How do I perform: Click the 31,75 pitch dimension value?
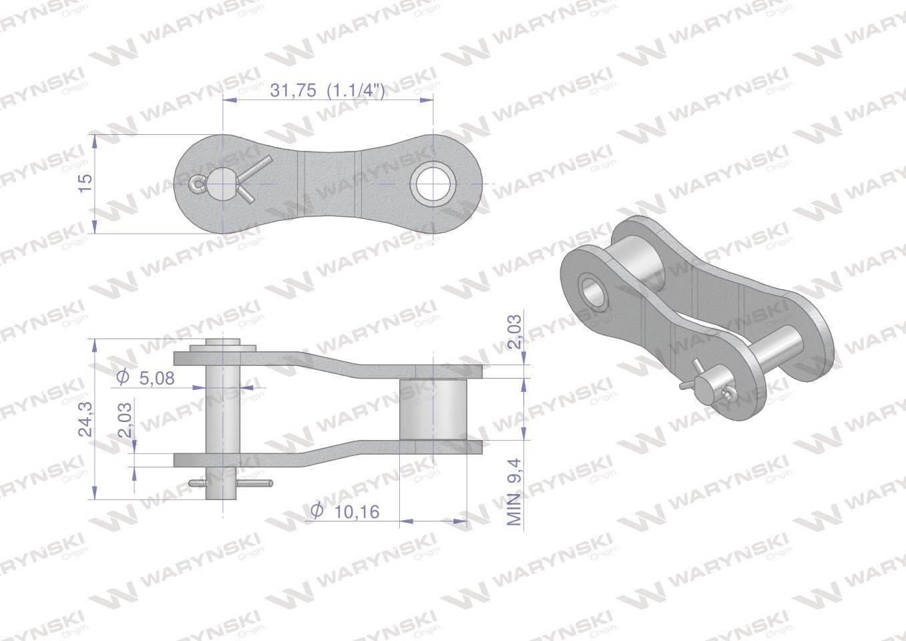click(x=293, y=90)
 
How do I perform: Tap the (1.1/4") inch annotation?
click(x=356, y=91)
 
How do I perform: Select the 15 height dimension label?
click(x=85, y=184)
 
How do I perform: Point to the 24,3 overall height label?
click(x=85, y=419)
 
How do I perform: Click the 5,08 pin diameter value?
click(x=157, y=379)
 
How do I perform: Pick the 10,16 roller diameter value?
click(x=357, y=512)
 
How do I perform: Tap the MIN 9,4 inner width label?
click(x=515, y=492)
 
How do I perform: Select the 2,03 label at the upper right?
click(x=515, y=332)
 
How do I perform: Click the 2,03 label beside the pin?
click(x=125, y=420)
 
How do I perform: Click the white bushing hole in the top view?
click(x=433, y=184)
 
